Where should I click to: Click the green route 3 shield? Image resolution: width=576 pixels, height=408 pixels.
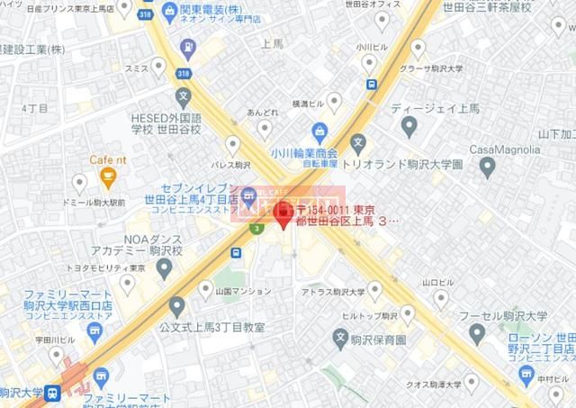click(258, 230)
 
